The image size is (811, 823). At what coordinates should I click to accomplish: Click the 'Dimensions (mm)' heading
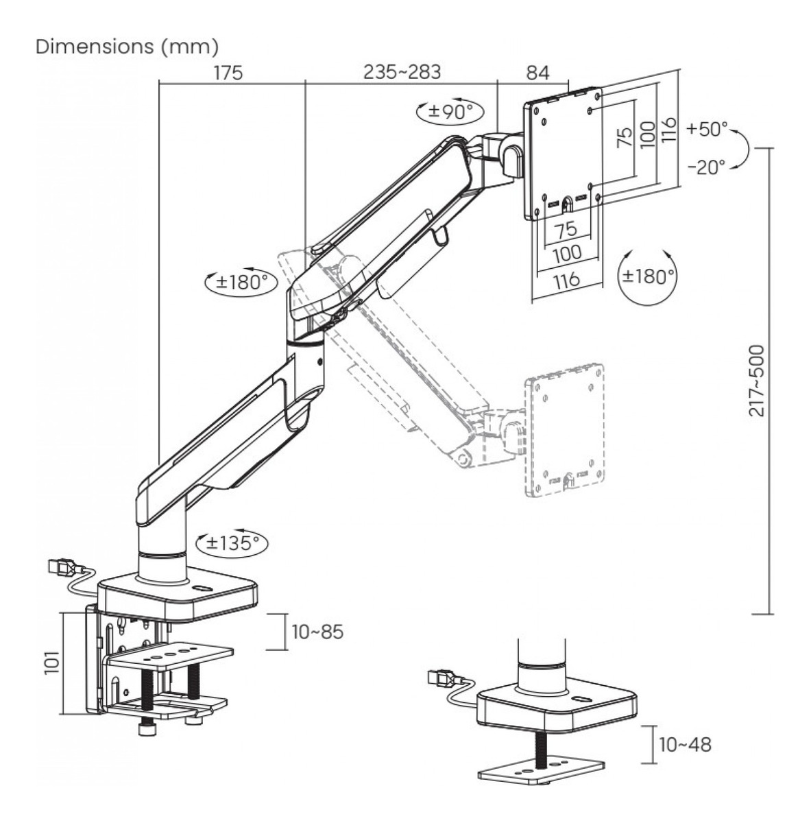pos(127,47)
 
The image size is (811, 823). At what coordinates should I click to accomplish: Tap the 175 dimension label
pos(228,73)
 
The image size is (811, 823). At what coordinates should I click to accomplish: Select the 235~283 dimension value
pos(402,72)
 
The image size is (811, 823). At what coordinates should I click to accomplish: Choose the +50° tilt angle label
pos(707,129)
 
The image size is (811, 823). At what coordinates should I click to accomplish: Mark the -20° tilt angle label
pos(706,167)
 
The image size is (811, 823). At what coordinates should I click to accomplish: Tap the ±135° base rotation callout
pos(232,543)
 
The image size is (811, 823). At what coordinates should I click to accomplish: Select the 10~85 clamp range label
pos(317,632)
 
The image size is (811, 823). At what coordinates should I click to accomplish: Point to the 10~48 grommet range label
pos(683,744)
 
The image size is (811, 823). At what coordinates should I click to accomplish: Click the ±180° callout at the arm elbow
pos(237,281)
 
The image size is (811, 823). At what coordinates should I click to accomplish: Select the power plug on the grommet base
pos(441,679)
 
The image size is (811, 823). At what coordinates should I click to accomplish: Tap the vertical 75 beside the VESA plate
pos(624,138)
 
